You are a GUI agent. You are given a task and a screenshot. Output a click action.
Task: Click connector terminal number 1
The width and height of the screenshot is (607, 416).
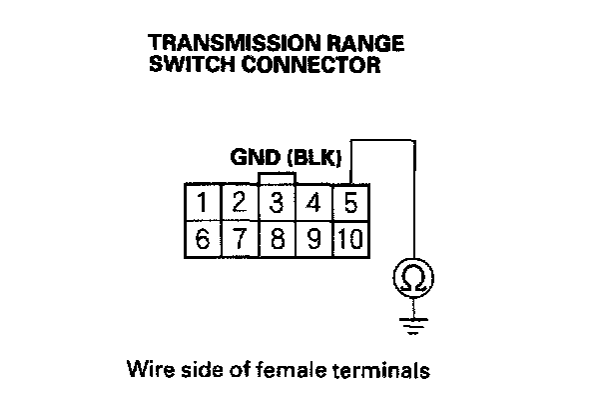click(203, 203)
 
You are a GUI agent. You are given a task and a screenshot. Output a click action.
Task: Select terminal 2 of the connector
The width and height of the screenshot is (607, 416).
click(240, 203)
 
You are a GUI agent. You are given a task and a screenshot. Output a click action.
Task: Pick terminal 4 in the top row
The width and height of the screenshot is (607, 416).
click(313, 203)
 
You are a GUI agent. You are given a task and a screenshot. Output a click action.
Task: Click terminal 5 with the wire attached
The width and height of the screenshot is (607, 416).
click(349, 203)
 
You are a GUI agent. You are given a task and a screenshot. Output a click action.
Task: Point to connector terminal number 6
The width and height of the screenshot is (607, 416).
click(203, 240)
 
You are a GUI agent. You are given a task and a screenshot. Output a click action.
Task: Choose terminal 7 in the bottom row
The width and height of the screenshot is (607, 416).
click(240, 240)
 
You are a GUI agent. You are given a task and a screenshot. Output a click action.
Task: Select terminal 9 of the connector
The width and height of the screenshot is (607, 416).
click(313, 240)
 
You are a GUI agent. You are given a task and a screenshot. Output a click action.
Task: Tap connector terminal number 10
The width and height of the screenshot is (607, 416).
click(348, 240)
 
